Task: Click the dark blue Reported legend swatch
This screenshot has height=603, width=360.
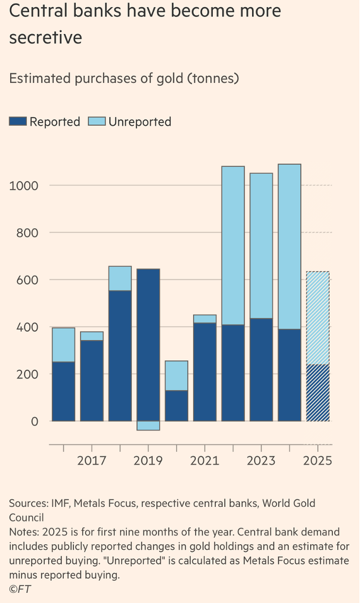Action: point(18,121)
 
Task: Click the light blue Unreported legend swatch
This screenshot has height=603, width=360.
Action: point(97,121)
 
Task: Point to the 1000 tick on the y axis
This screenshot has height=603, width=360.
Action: point(24,186)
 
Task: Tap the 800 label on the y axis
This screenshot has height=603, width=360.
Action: point(27,233)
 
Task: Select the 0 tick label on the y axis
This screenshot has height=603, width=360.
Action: point(35,422)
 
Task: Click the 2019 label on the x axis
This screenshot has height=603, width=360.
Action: point(148,460)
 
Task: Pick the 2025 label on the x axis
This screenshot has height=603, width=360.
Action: point(317,460)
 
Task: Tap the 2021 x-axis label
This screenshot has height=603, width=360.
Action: point(205,460)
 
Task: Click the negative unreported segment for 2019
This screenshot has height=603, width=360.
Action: point(148,426)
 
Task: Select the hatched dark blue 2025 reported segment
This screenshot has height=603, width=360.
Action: point(318,393)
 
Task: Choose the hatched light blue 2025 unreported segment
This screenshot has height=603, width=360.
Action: point(318,318)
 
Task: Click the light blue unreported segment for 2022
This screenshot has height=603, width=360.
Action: point(233,245)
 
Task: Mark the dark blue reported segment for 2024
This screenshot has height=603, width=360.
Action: point(289,375)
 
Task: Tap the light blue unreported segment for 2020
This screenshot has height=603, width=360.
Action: point(176,375)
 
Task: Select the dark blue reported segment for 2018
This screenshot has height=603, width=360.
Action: point(120,356)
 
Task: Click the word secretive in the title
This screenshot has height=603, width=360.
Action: point(45,37)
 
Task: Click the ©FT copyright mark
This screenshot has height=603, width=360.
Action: point(20,589)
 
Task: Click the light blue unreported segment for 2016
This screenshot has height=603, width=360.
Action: point(63,345)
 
